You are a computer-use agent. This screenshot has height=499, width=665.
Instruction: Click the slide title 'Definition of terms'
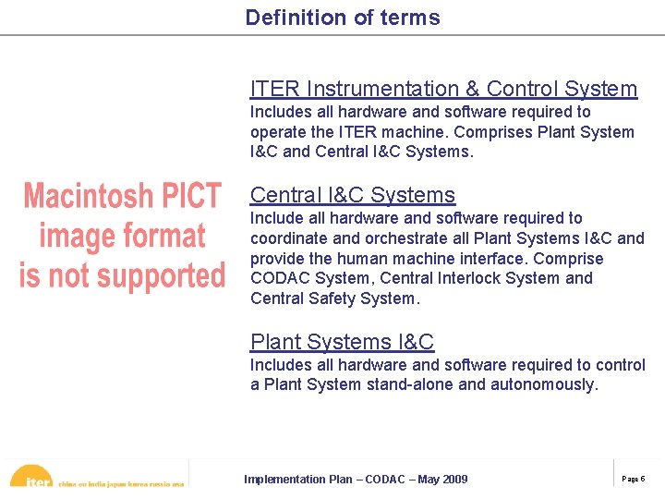click(x=343, y=18)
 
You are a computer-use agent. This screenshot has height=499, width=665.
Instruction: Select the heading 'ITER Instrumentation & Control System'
click(x=443, y=89)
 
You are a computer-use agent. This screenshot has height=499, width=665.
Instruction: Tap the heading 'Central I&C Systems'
click(x=353, y=195)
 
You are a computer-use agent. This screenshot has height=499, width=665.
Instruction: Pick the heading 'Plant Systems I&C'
click(x=342, y=342)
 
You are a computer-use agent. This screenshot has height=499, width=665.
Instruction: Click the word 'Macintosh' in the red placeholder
click(x=88, y=196)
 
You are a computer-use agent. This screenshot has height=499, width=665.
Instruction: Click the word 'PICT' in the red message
click(x=187, y=196)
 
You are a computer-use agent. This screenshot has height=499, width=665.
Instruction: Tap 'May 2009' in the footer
click(x=443, y=479)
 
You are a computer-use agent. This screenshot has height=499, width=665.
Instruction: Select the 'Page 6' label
click(x=634, y=479)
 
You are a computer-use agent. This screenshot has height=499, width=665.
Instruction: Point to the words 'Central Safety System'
click(x=333, y=298)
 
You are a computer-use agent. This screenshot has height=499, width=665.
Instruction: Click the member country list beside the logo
click(x=121, y=482)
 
